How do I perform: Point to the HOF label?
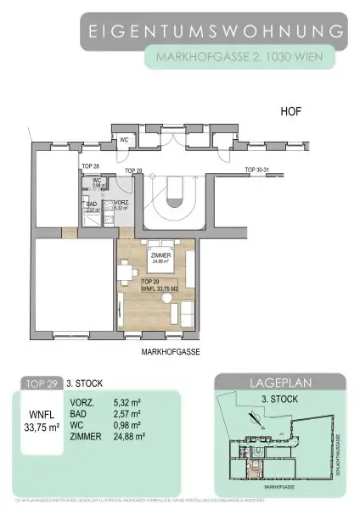coord(293,111)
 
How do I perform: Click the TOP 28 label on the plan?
coord(91,165)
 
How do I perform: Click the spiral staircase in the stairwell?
coord(176,194)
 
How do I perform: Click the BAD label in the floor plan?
coord(91,204)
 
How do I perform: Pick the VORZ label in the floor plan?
coord(121,204)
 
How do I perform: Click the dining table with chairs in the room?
coord(127,271)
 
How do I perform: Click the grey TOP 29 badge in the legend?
coord(41,383)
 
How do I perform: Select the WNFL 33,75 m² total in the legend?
coord(41,421)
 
